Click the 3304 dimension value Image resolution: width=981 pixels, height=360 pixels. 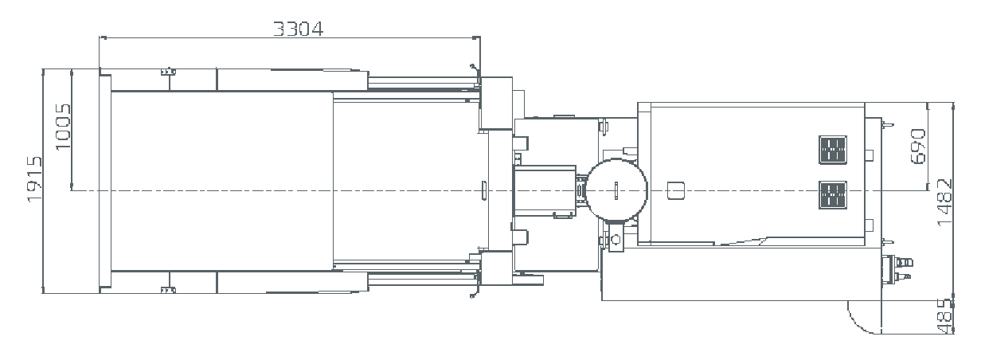pyautogui.click(x=299, y=29)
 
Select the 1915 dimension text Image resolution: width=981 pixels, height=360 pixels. pyautogui.click(x=34, y=179)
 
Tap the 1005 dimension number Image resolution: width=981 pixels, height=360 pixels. pyautogui.click(x=63, y=127)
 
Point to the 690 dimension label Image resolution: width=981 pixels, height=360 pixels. pyautogui.click(x=917, y=147)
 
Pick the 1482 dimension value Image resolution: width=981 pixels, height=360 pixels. pyautogui.click(x=944, y=202)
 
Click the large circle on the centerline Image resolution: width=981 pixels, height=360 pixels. pyautogui.click(x=616, y=190)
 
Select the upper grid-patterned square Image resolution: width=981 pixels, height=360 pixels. pyautogui.click(x=833, y=150)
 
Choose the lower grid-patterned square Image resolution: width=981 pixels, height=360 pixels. pyautogui.click(x=833, y=195)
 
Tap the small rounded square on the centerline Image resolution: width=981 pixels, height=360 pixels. pyautogui.click(x=676, y=190)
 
